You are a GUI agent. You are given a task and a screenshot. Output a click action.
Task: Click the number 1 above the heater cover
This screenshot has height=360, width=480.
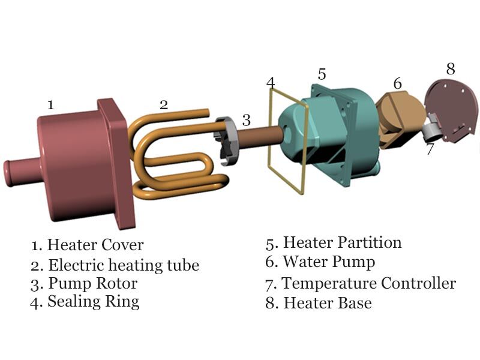[51, 105]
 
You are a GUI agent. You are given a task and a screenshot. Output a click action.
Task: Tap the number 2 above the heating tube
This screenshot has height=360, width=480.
[164, 104]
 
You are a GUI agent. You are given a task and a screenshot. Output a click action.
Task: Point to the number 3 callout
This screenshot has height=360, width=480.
[246, 119]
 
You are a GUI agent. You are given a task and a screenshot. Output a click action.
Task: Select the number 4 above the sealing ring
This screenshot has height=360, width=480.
[271, 82]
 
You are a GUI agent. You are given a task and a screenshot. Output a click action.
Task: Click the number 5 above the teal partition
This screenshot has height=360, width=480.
[322, 74]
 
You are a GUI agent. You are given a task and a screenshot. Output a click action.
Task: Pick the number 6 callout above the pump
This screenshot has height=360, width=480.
[397, 83]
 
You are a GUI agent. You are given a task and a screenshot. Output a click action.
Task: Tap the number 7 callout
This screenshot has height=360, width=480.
[430, 149]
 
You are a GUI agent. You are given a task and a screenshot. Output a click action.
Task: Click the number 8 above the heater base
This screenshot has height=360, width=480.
[451, 68]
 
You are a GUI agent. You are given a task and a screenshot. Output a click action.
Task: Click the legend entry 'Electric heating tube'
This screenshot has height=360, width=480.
[123, 265]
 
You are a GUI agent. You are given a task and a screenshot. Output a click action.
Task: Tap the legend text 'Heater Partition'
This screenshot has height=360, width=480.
[342, 242]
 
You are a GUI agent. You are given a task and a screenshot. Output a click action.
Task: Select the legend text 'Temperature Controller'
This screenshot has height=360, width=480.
[368, 283]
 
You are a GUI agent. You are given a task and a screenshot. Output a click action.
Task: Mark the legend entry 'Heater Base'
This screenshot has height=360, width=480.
[327, 303]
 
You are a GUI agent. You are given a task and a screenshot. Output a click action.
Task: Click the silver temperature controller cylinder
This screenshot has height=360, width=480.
[434, 127]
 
